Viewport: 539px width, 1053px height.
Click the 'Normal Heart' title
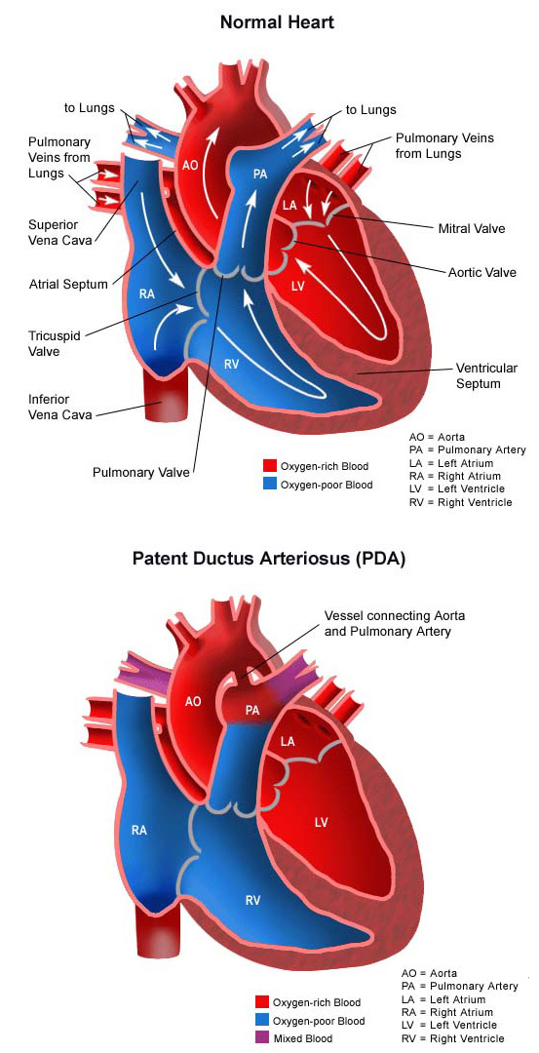click(277, 22)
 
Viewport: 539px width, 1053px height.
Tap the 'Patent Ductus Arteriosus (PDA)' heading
click(268, 559)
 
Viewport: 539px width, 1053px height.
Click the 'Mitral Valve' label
click(471, 228)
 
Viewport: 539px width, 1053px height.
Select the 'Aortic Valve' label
click(481, 273)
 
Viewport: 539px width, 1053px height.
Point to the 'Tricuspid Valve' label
click(53, 342)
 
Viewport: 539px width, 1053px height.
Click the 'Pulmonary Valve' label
click(141, 472)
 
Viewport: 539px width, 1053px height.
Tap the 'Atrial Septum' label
click(68, 284)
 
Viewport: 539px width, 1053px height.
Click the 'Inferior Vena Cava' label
click(59, 407)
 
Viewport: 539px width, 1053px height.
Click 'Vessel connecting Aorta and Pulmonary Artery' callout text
click(394, 623)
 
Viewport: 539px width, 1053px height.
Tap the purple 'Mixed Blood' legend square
click(262, 1037)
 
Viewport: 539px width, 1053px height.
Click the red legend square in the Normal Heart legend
click(270, 465)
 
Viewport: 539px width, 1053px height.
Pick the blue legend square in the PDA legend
click(262, 1020)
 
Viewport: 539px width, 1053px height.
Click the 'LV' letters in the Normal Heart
click(298, 287)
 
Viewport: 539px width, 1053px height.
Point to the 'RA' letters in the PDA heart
click(139, 831)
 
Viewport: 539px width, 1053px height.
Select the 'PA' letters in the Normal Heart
click(260, 174)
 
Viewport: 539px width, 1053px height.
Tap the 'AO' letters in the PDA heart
click(193, 702)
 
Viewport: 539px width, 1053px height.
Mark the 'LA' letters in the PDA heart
click(288, 741)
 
